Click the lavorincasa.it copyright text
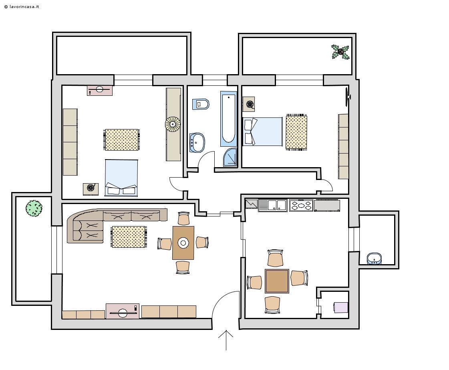(x=22, y=6)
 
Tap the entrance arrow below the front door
(x=226, y=340)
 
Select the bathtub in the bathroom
(x=229, y=119)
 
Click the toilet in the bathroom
(x=201, y=104)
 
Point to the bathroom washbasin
(x=197, y=142)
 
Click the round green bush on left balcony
(x=34, y=208)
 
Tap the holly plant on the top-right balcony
(x=340, y=52)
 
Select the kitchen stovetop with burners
(x=301, y=205)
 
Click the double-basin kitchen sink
(x=273, y=205)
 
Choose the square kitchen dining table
(x=277, y=281)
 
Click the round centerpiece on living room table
(x=183, y=243)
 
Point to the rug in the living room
(x=129, y=237)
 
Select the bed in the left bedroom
(x=121, y=178)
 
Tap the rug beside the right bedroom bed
(x=296, y=132)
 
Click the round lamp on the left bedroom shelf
(x=173, y=124)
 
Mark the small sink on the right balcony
(x=374, y=259)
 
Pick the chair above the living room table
(x=183, y=218)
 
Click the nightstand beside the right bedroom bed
(x=249, y=104)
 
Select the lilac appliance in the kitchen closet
(x=341, y=307)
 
